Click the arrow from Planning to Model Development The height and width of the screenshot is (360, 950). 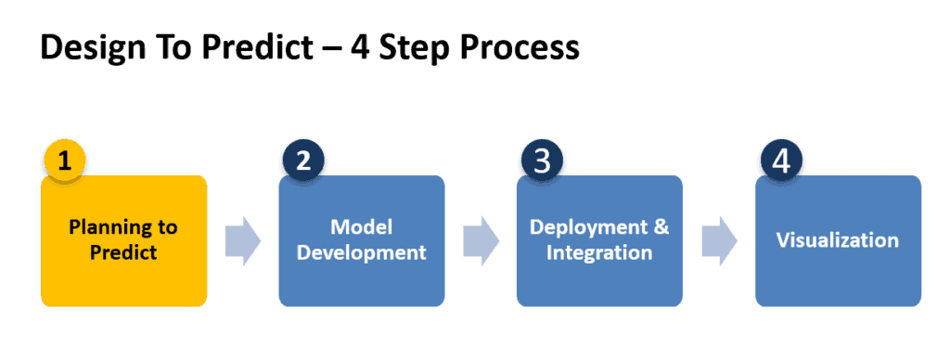click(x=242, y=241)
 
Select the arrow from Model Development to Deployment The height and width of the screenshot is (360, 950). click(x=481, y=241)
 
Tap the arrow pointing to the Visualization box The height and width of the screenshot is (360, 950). click(x=719, y=241)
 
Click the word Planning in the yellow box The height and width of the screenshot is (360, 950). click(x=123, y=227)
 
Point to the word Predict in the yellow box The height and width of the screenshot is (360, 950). click(x=123, y=252)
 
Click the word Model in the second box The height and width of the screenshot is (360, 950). click(x=362, y=227)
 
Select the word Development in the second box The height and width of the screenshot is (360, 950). click(x=362, y=252)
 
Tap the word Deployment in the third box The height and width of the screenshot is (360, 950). click(x=587, y=227)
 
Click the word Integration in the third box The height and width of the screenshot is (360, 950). click(x=599, y=252)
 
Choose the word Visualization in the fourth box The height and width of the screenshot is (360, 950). click(x=837, y=240)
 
